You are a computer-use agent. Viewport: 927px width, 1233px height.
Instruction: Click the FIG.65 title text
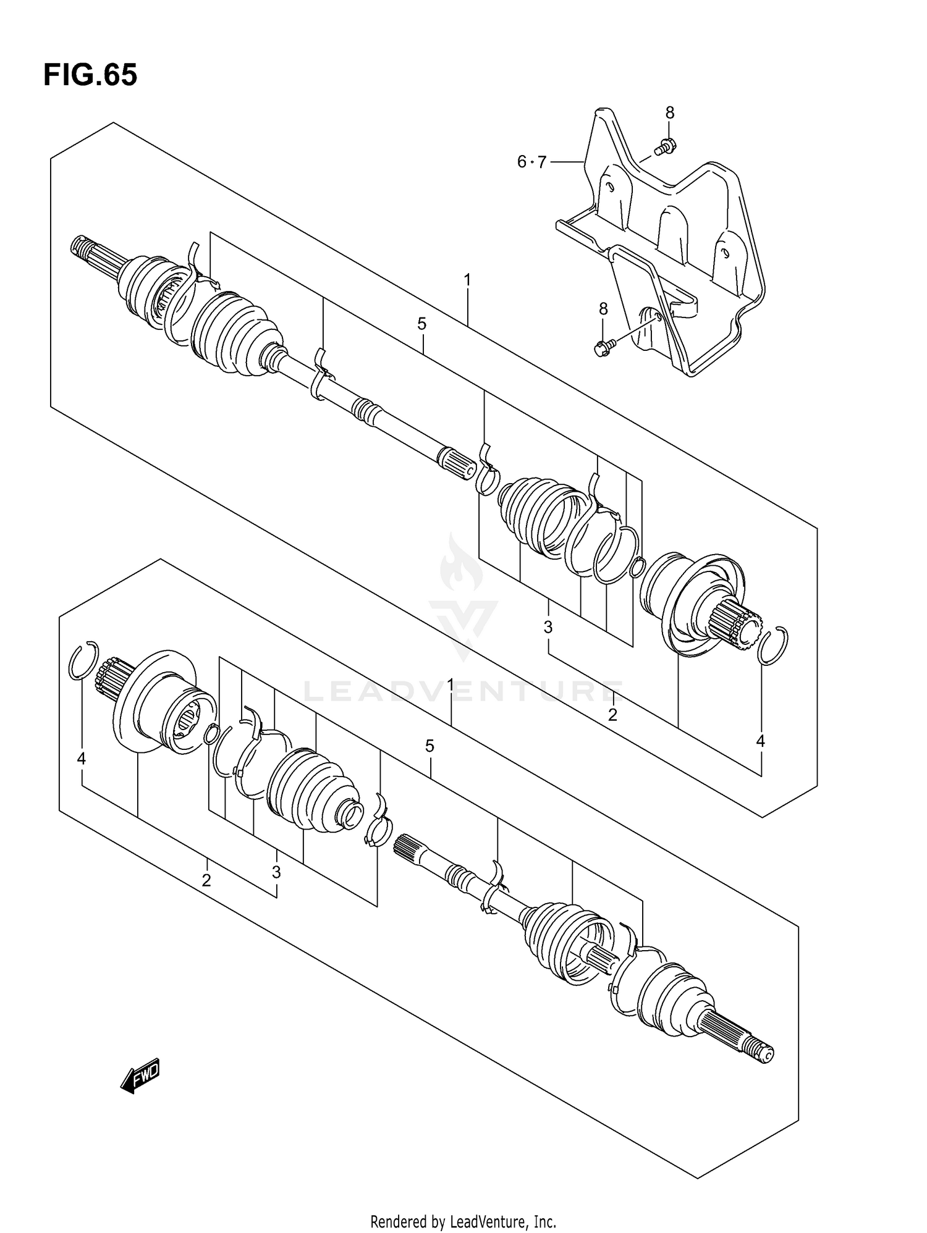pos(90,75)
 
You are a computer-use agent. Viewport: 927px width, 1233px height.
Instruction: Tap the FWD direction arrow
pos(140,1077)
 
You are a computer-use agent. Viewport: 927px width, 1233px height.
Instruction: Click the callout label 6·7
pos(531,162)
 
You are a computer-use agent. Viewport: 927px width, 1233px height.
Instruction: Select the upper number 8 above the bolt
pos(670,113)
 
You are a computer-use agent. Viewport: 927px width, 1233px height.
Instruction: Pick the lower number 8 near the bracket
pos(603,309)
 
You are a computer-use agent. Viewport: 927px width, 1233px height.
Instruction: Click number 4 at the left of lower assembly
pos(81,759)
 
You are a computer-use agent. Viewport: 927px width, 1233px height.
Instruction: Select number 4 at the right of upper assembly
pos(760,741)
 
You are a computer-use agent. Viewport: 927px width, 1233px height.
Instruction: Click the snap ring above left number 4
pos(83,662)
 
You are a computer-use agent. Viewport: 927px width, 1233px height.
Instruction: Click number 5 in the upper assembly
pos(421,324)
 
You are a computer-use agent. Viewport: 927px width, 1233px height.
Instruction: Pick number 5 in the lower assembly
pos(430,746)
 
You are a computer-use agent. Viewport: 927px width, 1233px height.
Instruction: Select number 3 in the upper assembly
pos(548,628)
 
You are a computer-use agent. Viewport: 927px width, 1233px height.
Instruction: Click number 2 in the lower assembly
pos(206,880)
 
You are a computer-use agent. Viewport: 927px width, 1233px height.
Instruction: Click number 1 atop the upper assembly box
pos(468,280)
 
